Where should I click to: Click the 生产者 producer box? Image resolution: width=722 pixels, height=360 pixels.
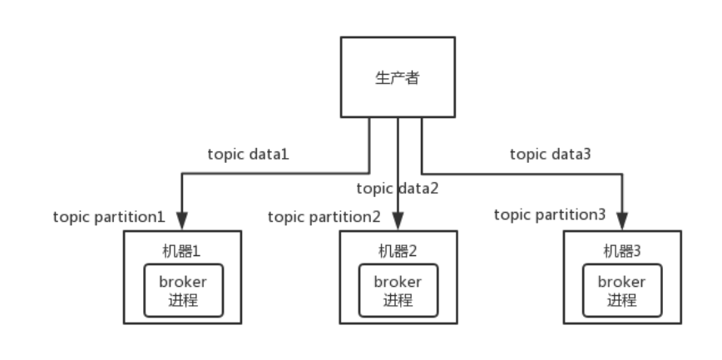tap(398, 76)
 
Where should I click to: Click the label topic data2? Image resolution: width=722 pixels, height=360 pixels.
tap(397, 188)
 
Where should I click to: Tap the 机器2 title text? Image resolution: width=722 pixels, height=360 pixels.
tap(398, 249)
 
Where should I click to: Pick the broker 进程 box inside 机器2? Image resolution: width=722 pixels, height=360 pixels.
tap(398, 290)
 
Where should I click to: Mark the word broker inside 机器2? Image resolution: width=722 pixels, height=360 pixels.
tap(398, 282)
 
